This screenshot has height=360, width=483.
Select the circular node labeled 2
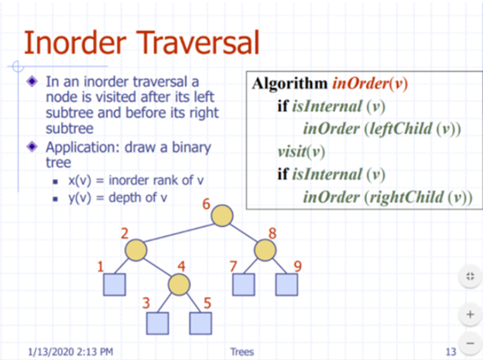[135, 250]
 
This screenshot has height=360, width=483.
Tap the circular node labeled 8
[265, 250]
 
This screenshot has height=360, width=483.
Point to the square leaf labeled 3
[159, 323]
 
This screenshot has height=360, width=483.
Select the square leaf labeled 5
[200, 323]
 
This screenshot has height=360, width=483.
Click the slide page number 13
[450, 352]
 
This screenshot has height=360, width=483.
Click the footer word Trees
[241, 352]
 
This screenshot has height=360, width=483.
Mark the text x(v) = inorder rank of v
[135, 180]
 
